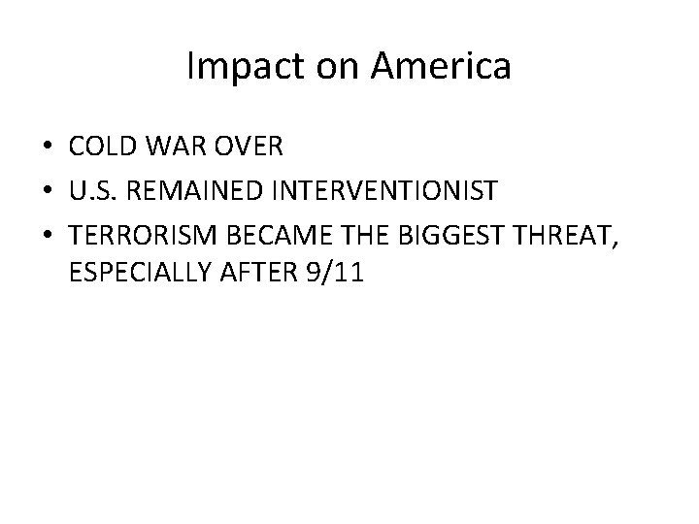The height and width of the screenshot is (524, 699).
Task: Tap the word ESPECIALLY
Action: point(132,275)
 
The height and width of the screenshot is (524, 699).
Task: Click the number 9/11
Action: point(333,275)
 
